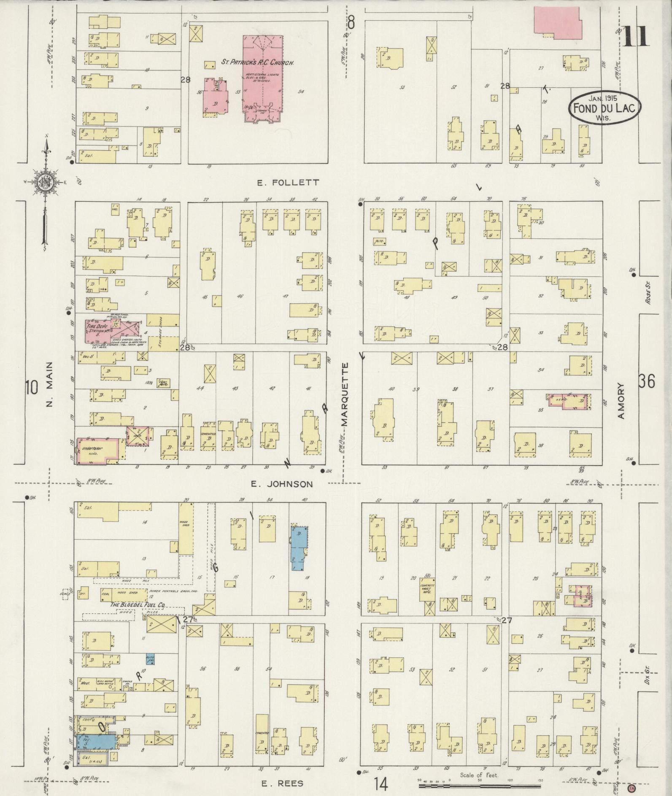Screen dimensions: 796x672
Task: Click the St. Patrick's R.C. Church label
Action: click(x=258, y=62)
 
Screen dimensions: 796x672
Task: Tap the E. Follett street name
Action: click(x=288, y=183)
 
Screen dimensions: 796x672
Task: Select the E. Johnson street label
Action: click(x=282, y=484)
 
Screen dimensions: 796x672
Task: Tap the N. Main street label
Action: click(x=50, y=384)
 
